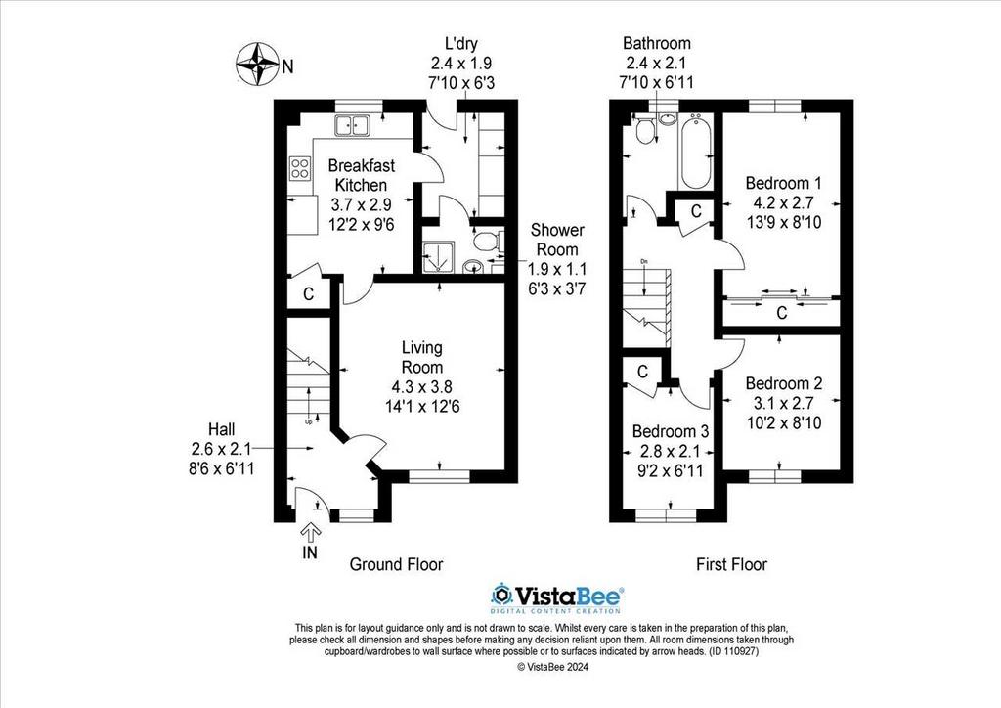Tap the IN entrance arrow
click(x=312, y=533)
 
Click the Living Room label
click(x=422, y=357)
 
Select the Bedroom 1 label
click(x=783, y=183)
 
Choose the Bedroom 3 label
click(x=669, y=431)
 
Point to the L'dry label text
click(x=458, y=43)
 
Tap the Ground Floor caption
click(x=396, y=564)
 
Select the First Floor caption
click(x=731, y=564)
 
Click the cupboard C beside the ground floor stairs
click(x=307, y=293)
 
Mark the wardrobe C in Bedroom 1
click(x=781, y=313)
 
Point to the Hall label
click(x=222, y=429)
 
